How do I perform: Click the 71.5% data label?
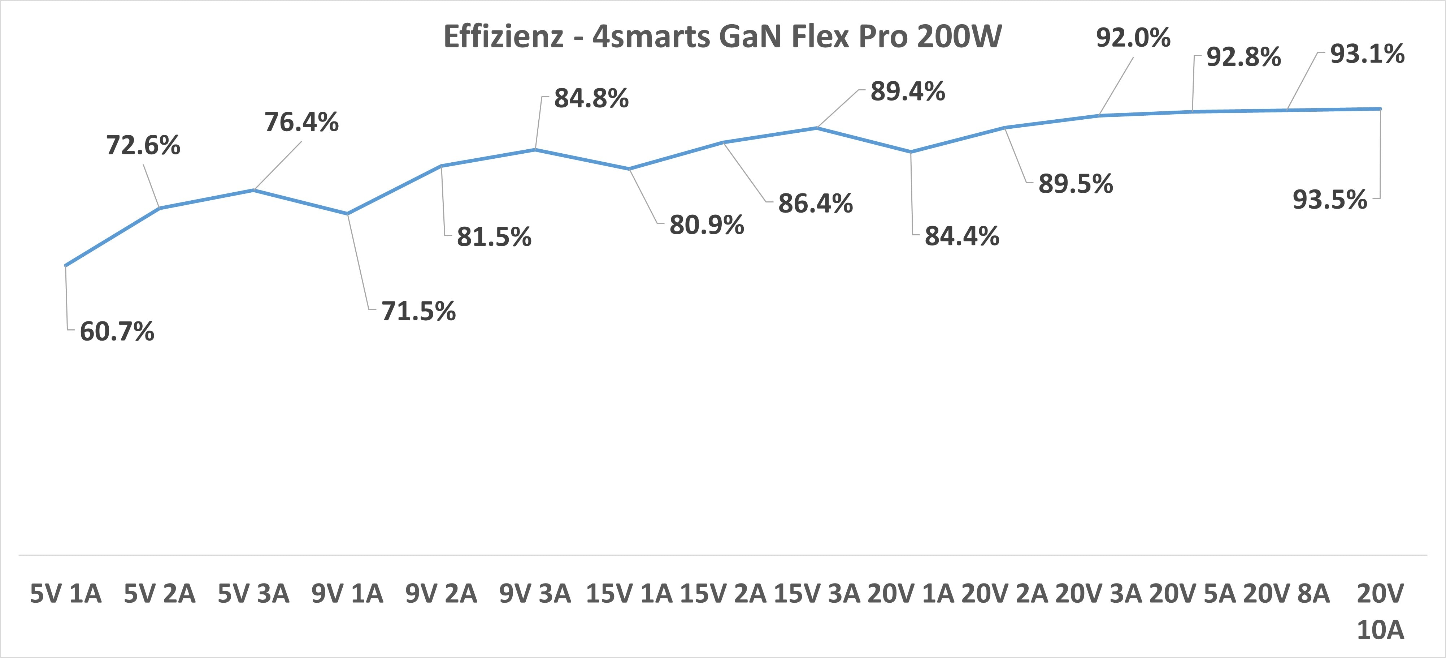pyautogui.click(x=419, y=311)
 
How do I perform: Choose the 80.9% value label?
pyautogui.click(x=707, y=225)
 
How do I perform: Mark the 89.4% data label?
pyautogui.click(x=908, y=91)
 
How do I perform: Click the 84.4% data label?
pyautogui.click(x=962, y=236)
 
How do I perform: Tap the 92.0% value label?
pyautogui.click(x=1133, y=38)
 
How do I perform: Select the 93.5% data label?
pyautogui.click(x=1330, y=200)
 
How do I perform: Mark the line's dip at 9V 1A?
pyautogui.click(x=347, y=214)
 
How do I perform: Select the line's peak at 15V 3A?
pyautogui.click(x=817, y=128)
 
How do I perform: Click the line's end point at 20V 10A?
pyautogui.click(x=1380, y=108)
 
